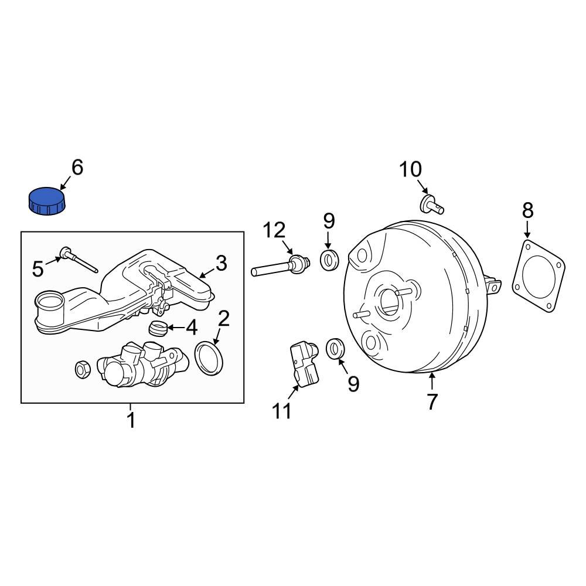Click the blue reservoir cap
click(x=46, y=200)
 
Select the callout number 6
click(x=77, y=168)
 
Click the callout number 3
click(x=220, y=264)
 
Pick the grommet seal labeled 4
click(x=157, y=329)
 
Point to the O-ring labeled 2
click(x=209, y=359)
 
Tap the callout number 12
click(x=274, y=230)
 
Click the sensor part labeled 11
click(x=305, y=363)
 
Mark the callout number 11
click(x=281, y=412)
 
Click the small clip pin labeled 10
click(x=432, y=204)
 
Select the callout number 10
click(x=410, y=170)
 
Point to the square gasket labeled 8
click(x=539, y=274)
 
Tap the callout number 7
click(x=432, y=402)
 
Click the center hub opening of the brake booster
click(x=389, y=301)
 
